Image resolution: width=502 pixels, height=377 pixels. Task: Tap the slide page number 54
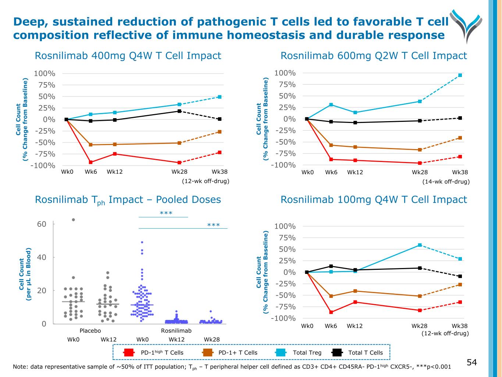coord(472,363)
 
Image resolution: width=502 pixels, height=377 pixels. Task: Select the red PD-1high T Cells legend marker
coord(129,353)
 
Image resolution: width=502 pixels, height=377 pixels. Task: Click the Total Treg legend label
coord(307,353)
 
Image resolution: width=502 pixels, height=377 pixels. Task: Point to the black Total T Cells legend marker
coord(337,353)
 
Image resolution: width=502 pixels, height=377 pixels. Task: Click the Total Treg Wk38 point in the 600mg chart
coord(460,75)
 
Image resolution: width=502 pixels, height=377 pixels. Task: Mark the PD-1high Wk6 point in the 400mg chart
coord(90,162)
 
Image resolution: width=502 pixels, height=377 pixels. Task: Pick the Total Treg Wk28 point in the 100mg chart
coord(420,245)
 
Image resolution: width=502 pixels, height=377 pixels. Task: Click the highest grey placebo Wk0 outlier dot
coord(74,220)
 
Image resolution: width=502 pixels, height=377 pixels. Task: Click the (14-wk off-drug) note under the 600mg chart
coord(446,182)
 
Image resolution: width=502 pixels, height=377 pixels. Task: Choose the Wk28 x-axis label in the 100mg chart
coord(419,326)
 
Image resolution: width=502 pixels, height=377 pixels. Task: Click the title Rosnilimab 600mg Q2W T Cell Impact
coord(374,56)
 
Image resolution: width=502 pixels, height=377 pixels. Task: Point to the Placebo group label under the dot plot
coord(90,331)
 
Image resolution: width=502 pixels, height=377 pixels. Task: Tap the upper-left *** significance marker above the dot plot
coord(166,213)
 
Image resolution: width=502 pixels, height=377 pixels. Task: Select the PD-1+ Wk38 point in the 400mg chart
coord(220,131)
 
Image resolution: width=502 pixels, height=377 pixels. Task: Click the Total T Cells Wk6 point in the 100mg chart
coord(331,266)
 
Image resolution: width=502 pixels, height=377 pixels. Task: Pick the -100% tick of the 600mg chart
coord(283,165)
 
